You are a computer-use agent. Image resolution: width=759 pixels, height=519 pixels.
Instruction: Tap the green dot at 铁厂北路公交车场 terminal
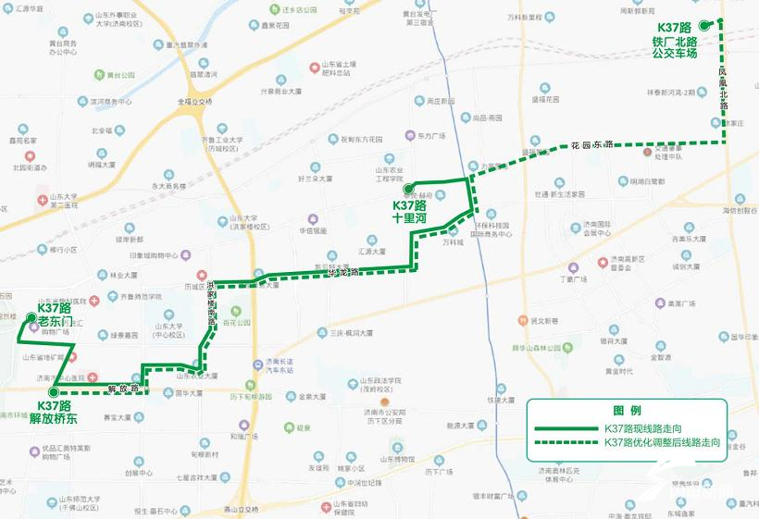[x=703, y=26]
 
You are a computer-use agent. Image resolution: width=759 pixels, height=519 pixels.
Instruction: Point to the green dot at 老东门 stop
[x=32, y=320]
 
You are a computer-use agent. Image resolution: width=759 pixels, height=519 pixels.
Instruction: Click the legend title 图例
[x=627, y=410]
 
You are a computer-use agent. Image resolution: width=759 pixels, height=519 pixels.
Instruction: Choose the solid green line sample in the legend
[x=566, y=429]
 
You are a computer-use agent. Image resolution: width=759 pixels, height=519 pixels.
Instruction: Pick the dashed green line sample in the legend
[x=566, y=443]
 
